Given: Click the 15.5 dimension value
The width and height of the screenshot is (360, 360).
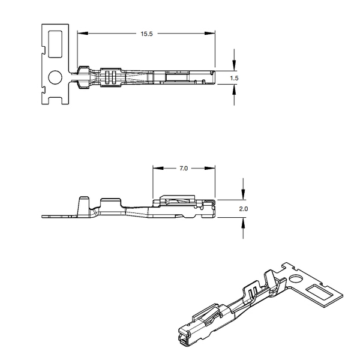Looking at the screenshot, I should pyautogui.click(x=147, y=34).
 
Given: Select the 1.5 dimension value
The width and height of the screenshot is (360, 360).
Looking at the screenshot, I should pyautogui.click(x=235, y=78).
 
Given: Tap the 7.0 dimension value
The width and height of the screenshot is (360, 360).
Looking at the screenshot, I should pyautogui.click(x=184, y=169).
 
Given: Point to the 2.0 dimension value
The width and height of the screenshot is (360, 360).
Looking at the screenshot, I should pyautogui.click(x=243, y=208).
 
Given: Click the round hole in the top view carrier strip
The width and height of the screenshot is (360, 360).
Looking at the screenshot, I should pyautogui.click(x=55, y=77).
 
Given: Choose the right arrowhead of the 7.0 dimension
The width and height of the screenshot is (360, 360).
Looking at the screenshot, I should pyautogui.click(x=212, y=169).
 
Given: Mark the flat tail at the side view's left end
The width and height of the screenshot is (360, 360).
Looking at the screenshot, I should pyautogui.click(x=57, y=215).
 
